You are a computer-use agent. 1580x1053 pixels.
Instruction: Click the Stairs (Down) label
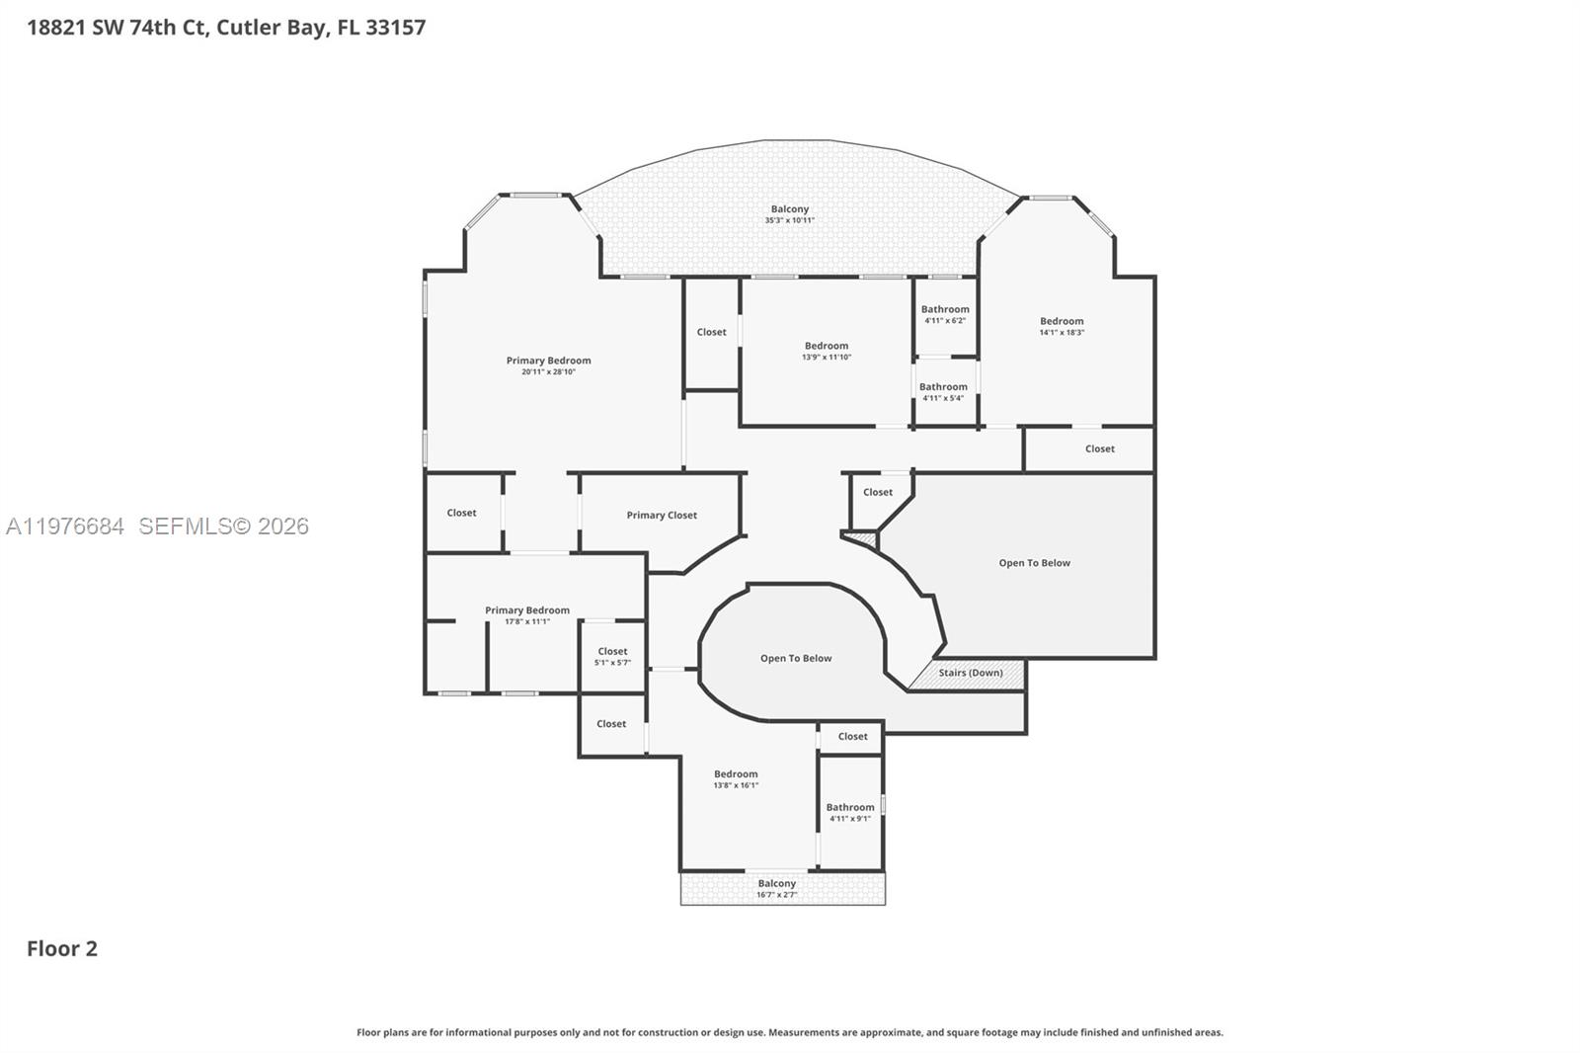point(970,673)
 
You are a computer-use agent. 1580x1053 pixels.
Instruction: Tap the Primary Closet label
point(662,515)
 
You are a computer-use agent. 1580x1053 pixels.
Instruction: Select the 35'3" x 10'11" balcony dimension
point(789,220)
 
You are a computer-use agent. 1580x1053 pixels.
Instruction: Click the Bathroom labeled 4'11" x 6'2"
point(945,314)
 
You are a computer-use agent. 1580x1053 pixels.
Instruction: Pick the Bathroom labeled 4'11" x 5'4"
point(943,392)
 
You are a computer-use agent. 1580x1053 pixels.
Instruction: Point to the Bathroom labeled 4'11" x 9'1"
point(850,812)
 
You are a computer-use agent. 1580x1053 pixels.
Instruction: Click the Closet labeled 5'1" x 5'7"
point(612,656)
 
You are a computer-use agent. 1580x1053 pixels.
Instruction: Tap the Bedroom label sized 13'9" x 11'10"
point(827,351)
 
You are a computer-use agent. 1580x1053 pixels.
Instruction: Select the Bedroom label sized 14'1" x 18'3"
point(1062,326)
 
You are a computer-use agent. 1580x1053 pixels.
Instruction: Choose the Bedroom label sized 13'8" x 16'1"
point(736,779)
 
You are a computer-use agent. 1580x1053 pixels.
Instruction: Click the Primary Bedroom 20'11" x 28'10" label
point(548,365)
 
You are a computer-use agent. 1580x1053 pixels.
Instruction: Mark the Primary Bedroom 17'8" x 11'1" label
point(527,615)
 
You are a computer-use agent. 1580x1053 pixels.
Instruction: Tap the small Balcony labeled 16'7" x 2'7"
point(777,888)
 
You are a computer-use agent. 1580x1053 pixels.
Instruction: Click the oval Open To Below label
point(796,658)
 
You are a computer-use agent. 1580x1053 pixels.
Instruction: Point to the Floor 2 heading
point(62,948)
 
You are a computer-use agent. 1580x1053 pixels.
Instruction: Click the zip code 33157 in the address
point(395,28)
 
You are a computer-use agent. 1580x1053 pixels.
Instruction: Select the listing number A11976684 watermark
point(65,526)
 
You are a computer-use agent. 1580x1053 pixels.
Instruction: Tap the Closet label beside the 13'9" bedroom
point(711,332)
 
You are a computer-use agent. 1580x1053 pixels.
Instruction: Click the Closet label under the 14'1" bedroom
point(1099,448)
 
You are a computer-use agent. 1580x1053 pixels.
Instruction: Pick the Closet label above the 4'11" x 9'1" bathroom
point(852,736)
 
